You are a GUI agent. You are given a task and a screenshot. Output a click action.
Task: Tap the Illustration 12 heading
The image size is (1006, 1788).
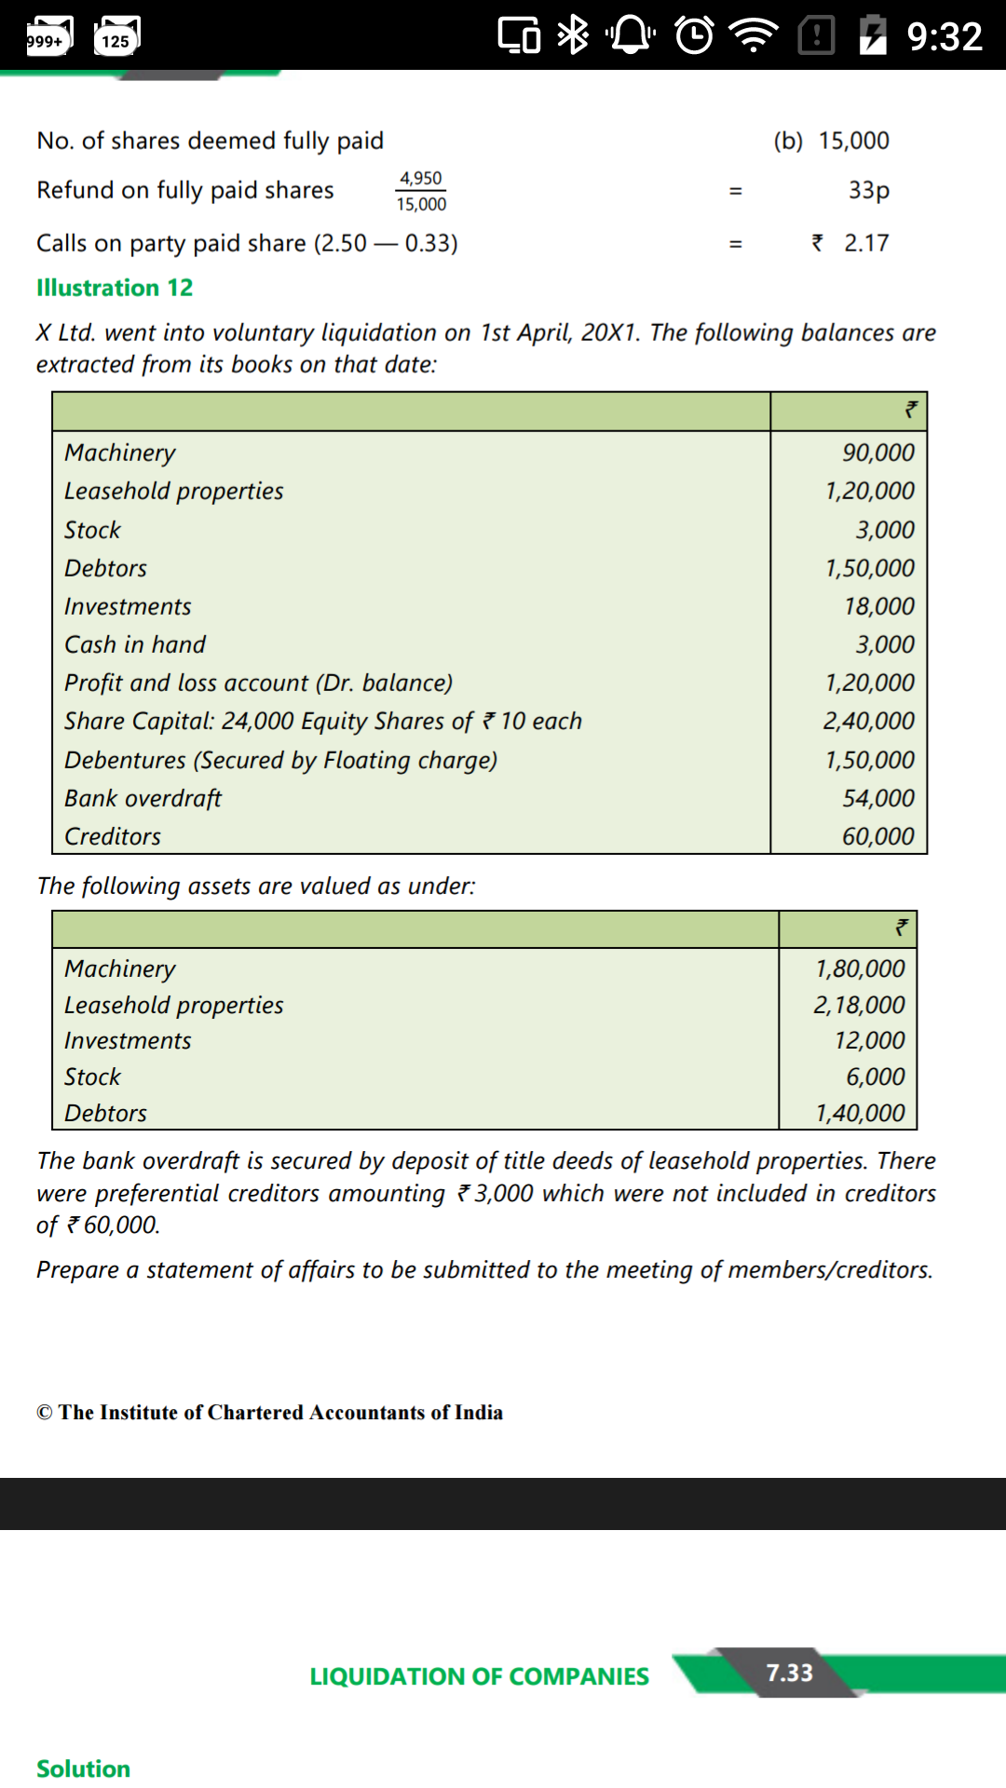(x=115, y=288)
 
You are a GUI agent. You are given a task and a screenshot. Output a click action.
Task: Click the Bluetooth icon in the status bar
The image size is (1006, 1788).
(x=572, y=35)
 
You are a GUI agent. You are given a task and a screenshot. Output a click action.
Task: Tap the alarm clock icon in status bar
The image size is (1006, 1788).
(x=694, y=35)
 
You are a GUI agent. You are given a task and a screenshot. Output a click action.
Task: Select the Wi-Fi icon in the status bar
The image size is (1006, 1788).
(x=754, y=35)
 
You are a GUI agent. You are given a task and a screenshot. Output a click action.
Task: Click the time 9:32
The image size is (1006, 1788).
(x=945, y=36)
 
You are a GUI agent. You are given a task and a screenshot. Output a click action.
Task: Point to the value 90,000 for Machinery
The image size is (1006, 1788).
(x=878, y=453)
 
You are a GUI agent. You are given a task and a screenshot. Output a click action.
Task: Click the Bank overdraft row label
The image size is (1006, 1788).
(x=143, y=798)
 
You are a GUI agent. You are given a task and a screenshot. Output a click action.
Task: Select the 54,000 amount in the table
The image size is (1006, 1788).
(x=878, y=798)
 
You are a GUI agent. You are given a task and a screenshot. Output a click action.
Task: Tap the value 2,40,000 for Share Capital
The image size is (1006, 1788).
(x=868, y=721)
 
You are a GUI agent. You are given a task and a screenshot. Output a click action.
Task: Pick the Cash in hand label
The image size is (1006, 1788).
(x=135, y=644)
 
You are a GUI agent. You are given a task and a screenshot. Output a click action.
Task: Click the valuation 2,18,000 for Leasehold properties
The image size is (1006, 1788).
(x=859, y=1005)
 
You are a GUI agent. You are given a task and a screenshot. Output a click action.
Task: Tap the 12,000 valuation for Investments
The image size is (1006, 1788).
(x=869, y=1040)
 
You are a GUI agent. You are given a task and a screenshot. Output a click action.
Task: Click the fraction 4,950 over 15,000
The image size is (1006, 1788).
(x=421, y=191)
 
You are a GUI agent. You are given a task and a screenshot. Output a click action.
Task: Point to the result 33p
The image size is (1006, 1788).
(x=868, y=190)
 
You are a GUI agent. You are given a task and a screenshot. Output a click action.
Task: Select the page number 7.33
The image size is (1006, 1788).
(x=789, y=1673)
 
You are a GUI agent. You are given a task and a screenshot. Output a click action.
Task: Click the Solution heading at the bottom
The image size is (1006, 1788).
(x=83, y=1768)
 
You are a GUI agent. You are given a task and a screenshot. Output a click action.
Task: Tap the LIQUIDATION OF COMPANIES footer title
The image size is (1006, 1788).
(x=479, y=1676)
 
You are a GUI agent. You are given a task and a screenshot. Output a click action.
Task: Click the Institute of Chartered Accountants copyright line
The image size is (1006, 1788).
(x=269, y=1412)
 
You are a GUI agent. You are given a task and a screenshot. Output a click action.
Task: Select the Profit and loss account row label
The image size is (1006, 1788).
(x=258, y=683)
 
